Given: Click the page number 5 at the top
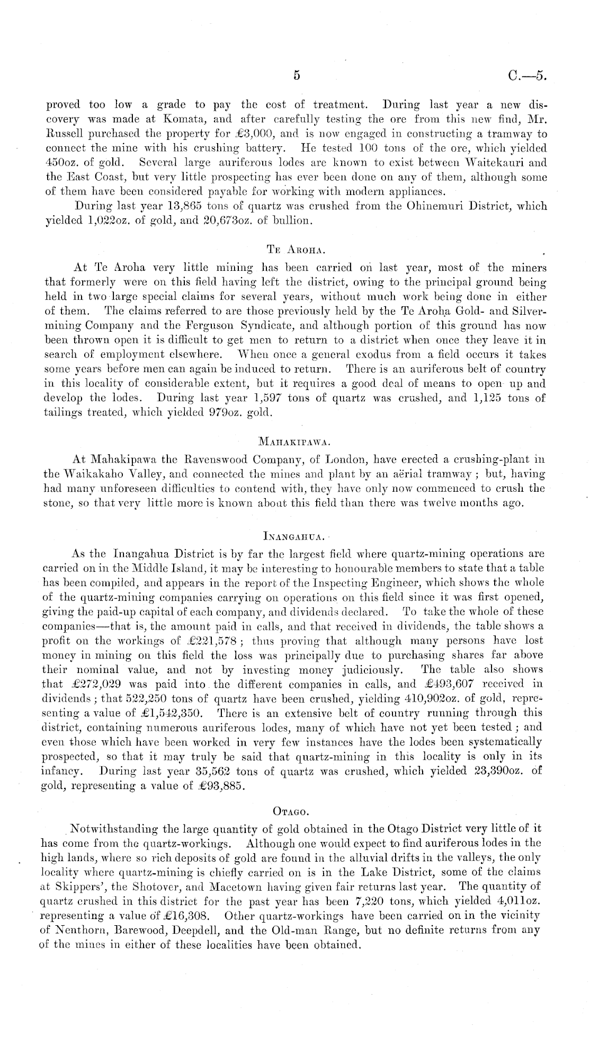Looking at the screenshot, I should coord(297,76).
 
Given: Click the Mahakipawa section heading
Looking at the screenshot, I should coord(294,427).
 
